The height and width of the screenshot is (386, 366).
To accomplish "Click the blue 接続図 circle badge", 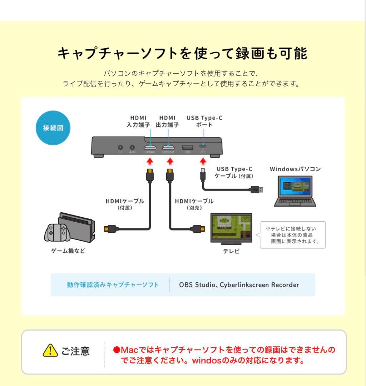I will [53, 128].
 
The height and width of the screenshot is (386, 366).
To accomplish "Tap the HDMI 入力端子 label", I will [138, 121].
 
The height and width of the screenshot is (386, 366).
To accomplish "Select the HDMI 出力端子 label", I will [167, 121].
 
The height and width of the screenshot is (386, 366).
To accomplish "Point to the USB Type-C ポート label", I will [204, 121].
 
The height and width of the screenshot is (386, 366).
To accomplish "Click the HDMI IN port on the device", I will [150, 147].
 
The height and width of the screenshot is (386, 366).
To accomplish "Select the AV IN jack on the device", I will [133, 147].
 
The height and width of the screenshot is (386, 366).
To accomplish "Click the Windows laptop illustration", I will [295, 191].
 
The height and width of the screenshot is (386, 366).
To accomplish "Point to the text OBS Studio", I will [197, 285].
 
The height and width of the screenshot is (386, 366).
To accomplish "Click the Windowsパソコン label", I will [295, 169].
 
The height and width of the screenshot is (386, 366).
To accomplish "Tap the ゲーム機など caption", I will [68, 251].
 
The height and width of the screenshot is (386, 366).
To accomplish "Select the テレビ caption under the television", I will [231, 251].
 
